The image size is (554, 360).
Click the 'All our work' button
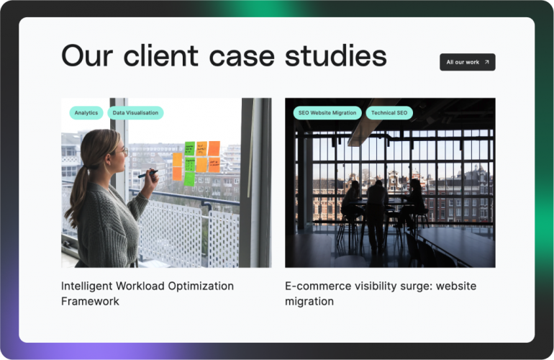tap(467, 63)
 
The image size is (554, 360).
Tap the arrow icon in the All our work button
tap(486, 63)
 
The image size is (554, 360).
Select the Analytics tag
tap(86, 113)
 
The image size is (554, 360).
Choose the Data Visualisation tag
tap(135, 113)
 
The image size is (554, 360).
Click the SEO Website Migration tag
tap(327, 113)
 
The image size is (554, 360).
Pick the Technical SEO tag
tap(389, 113)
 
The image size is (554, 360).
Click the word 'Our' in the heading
tap(86, 55)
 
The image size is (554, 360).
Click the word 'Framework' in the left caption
tap(90, 302)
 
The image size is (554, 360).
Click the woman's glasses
tap(124, 152)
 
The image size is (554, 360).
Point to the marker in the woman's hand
tap(148, 173)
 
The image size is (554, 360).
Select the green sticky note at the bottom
tap(189, 179)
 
